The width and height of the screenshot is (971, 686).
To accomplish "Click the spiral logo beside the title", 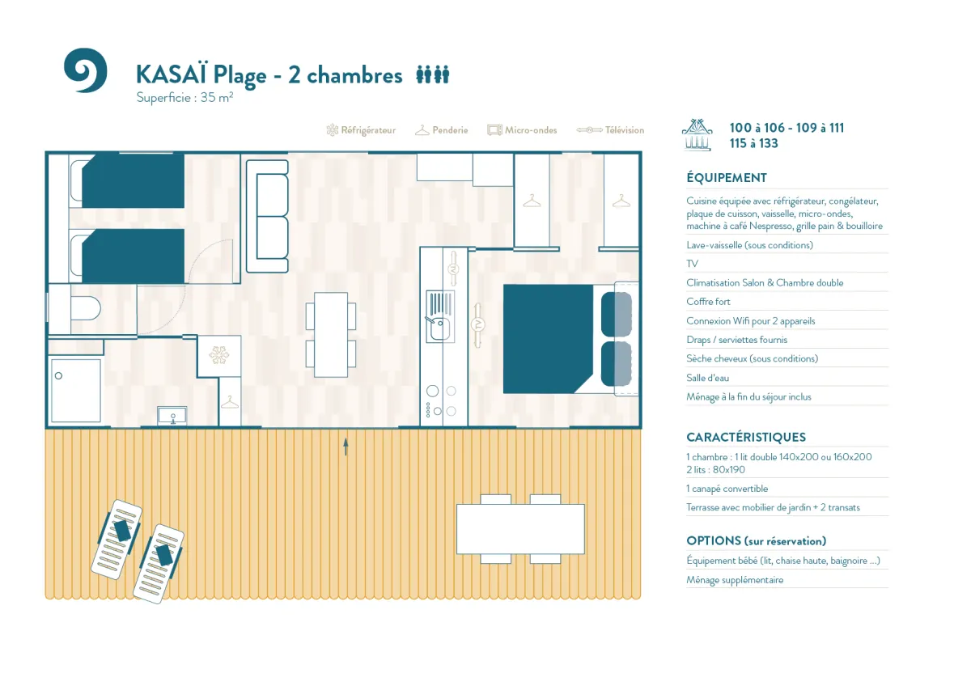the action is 86,70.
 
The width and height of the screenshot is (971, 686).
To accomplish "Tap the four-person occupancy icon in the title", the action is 433,74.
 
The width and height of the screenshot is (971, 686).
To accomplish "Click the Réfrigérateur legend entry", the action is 361,130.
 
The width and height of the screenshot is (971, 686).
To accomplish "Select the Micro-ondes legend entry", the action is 522,130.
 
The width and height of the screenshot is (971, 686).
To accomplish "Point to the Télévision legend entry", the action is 610,130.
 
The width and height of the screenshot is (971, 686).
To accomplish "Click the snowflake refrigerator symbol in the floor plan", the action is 219,355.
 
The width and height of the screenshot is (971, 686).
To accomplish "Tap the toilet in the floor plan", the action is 86,308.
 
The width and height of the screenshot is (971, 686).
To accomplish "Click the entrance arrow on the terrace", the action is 346,447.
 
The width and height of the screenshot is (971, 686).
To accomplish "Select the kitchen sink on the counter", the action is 440,316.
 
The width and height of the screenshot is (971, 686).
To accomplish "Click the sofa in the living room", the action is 268,216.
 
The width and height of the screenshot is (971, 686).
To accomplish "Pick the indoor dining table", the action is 331,335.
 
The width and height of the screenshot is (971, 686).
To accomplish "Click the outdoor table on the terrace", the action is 520,529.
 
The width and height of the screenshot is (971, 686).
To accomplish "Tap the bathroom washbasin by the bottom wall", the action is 172,416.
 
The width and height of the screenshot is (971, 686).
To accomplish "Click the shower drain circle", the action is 58,375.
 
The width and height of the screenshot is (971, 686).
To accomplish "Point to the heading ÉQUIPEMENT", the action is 727,178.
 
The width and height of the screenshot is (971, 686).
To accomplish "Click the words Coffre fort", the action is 708,302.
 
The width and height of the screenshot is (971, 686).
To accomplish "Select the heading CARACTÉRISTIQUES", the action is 746,438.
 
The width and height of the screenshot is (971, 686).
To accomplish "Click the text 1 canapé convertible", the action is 727,489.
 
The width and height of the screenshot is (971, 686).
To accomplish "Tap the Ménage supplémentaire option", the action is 735,580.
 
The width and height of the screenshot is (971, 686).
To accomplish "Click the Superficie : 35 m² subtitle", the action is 184,98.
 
